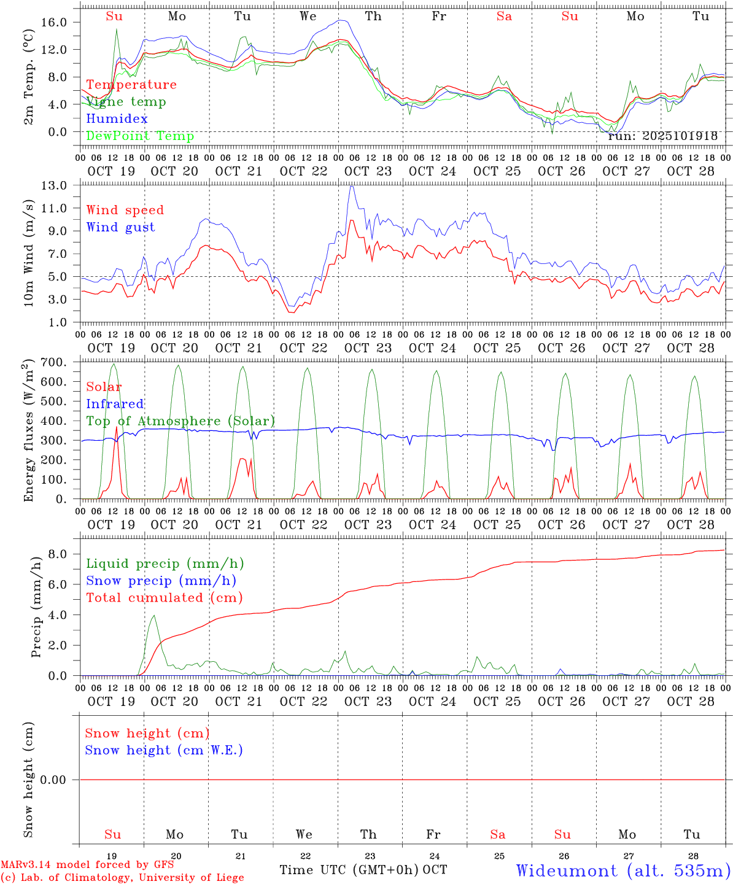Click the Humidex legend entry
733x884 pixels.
click(117, 119)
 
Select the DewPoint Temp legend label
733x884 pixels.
click(140, 136)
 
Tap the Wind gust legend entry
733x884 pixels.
click(120, 227)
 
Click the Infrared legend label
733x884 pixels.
click(115, 404)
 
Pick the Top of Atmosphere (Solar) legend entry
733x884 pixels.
click(180, 421)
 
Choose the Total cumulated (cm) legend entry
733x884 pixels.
click(164, 598)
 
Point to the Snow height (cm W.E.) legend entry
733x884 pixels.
click(164, 750)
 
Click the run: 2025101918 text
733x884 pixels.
click(662, 136)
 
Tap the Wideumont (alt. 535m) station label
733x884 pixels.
click(623, 870)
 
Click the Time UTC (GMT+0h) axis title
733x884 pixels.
click(349, 870)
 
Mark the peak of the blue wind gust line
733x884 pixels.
click(351, 187)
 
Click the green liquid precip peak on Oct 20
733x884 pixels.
click(153, 616)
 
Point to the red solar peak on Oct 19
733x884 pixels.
click(116, 427)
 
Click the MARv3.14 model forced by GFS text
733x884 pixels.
click(87, 865)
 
